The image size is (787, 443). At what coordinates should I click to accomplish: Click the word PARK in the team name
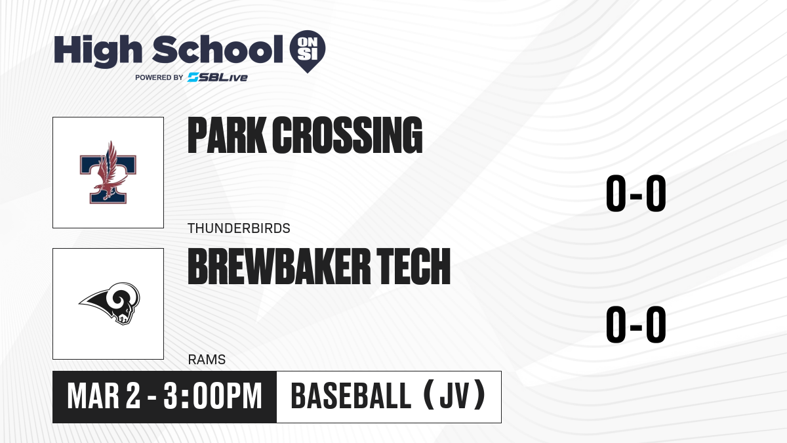227,135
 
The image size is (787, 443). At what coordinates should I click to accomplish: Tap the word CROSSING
347,135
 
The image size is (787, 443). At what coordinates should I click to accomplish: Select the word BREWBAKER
279,266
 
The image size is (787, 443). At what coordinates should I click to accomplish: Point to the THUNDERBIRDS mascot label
239,228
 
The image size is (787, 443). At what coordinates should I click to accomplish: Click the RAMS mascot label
207,360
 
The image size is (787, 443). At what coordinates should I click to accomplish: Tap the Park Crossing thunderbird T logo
108,172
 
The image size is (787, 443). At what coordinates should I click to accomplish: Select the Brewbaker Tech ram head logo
110,303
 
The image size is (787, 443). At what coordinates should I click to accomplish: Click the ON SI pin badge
308,51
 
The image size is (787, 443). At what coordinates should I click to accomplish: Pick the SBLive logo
217,77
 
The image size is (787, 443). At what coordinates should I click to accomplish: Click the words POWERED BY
159,77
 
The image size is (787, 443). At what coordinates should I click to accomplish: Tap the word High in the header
98,51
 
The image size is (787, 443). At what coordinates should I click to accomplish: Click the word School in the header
218,49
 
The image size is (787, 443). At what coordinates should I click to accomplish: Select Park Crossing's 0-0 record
636,194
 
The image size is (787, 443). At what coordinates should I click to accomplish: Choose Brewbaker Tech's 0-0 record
636,324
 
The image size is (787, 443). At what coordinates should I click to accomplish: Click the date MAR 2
104,396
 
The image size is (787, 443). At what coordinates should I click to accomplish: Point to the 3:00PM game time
213,396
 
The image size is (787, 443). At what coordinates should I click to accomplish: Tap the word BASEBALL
351,396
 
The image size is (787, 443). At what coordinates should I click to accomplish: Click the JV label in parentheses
454,396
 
